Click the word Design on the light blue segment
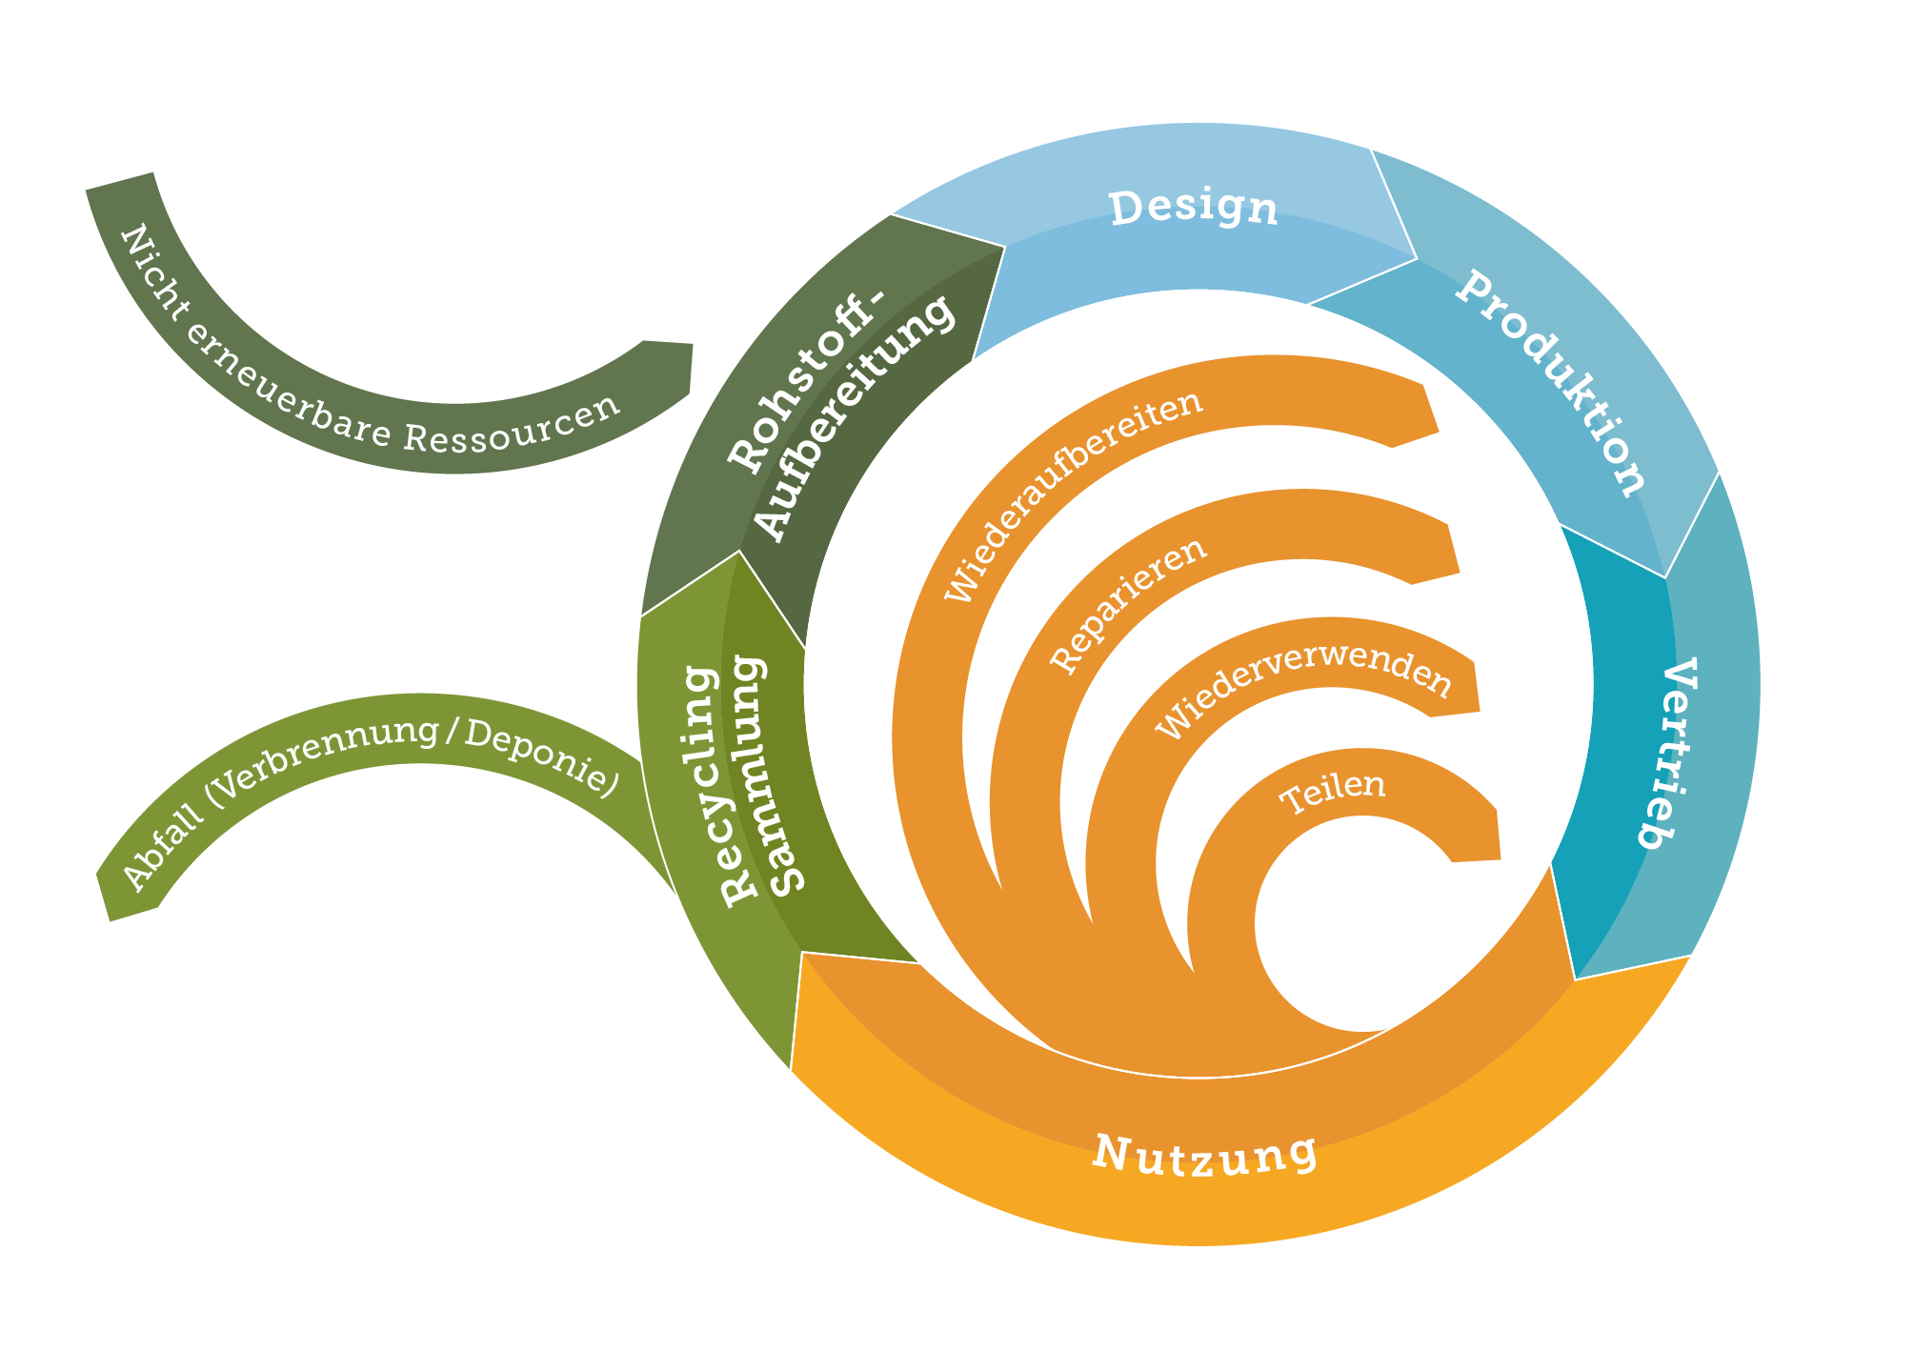[1193, 208]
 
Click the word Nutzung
[1205, 1156]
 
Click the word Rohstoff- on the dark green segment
[806, 381]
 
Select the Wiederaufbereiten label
[1073, 495]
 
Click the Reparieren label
[1129, 605]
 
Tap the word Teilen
[1332, 792]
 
